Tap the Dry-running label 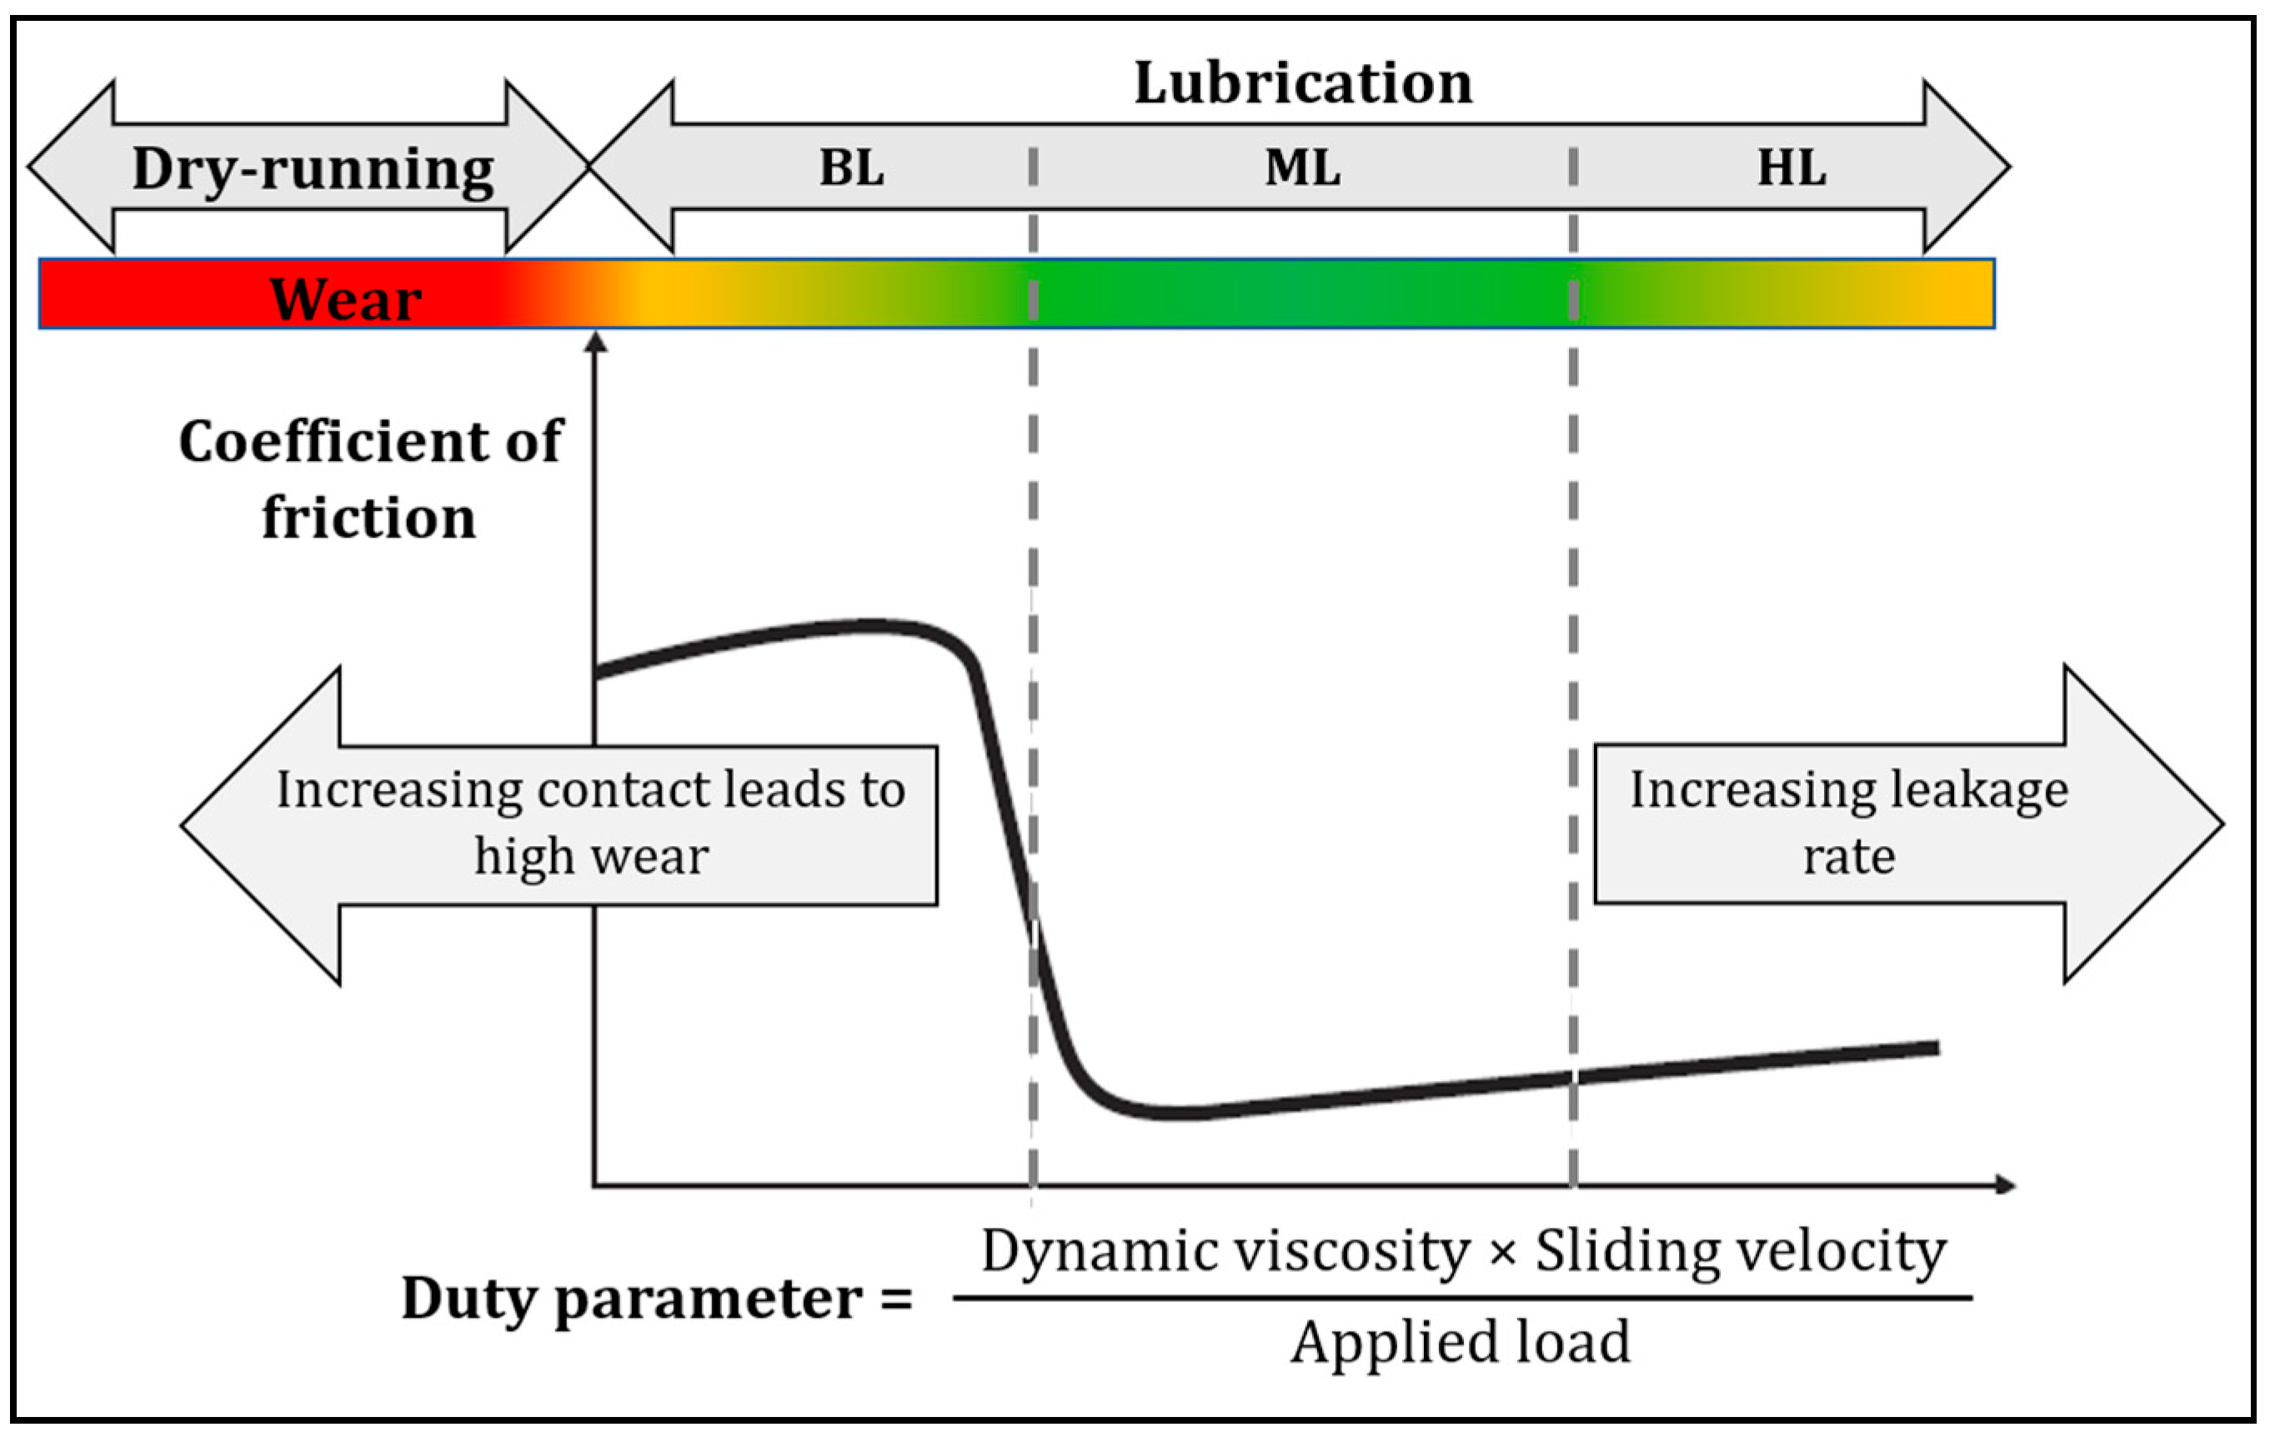click(x=312, y=169)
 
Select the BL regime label click(x=851, y=168)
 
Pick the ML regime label click(x=1303, y=168)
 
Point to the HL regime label click(x=1791, y=168)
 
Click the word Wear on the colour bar click(x=345, y=299)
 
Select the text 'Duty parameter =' click(x=656, y=1299)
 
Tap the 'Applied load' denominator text click(x=1461, y=1342)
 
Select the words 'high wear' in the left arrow click(x=591, y=857)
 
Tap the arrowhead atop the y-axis click(x=595, y=341)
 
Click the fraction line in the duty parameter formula click(x=1462, y=1299)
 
